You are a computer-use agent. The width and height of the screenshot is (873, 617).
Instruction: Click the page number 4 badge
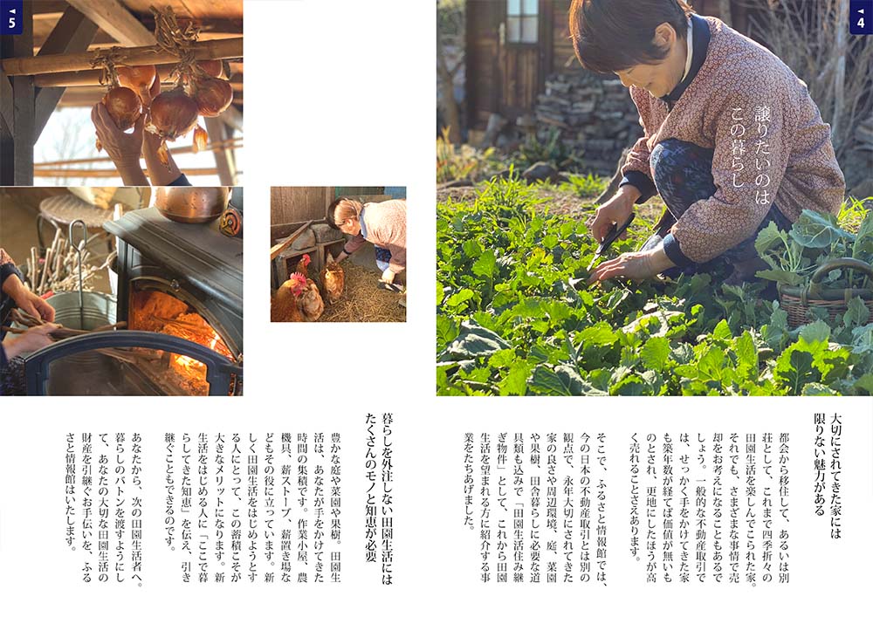click(861, 17)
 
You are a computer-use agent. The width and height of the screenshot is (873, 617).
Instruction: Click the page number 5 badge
click(11, 17)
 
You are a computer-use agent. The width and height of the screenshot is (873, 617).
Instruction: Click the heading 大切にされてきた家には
click(835, 476)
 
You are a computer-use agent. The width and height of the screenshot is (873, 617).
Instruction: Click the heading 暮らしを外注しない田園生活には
click(387, 498)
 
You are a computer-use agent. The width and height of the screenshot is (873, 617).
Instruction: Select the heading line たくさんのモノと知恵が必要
click(370, 487)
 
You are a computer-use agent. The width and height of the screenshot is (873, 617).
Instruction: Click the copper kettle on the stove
click(192, 203)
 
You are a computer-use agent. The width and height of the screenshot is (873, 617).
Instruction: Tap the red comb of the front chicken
click(299, 278)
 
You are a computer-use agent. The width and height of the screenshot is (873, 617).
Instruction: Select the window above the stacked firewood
click(522, 22)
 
